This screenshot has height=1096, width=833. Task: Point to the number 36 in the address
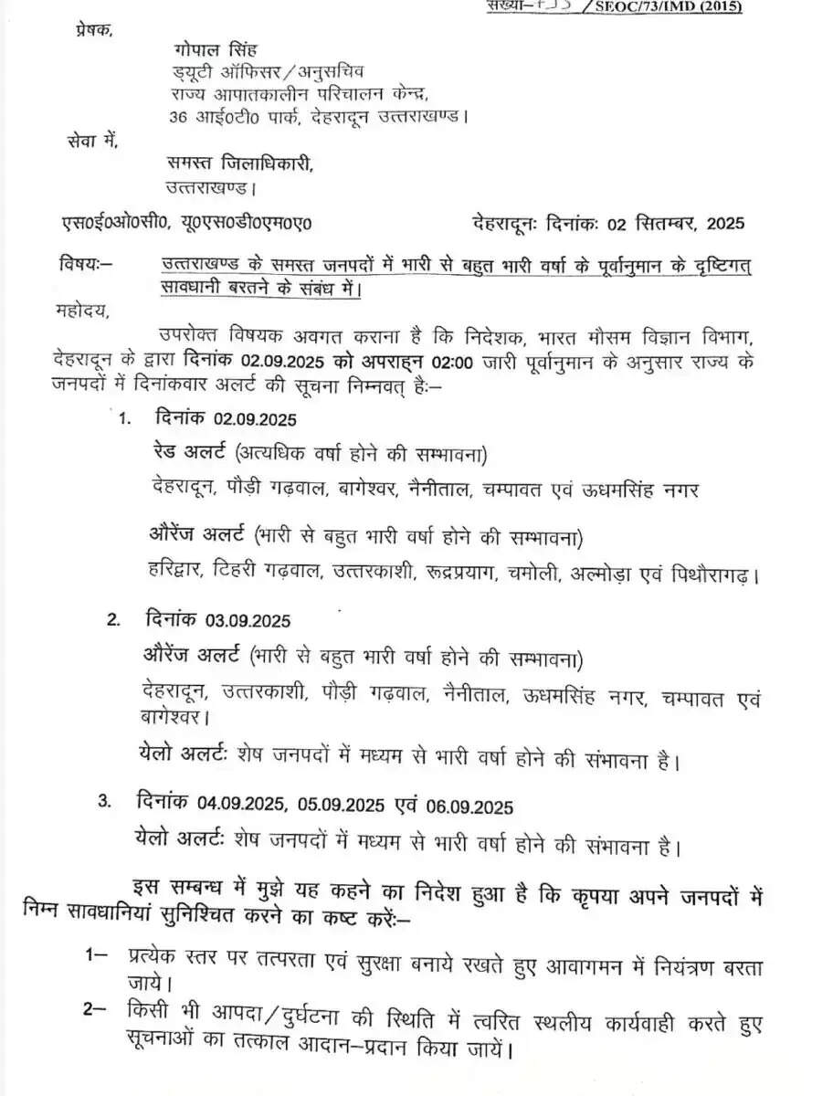click(179, 116)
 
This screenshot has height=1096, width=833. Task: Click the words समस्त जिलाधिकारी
click(239, 163)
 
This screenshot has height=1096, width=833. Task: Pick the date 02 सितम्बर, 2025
click(673, 223)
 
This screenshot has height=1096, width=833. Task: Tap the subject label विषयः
click(83, 266)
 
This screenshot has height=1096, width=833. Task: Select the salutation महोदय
click(81, 310)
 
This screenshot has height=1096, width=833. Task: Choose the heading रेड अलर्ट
click(189, 454)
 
